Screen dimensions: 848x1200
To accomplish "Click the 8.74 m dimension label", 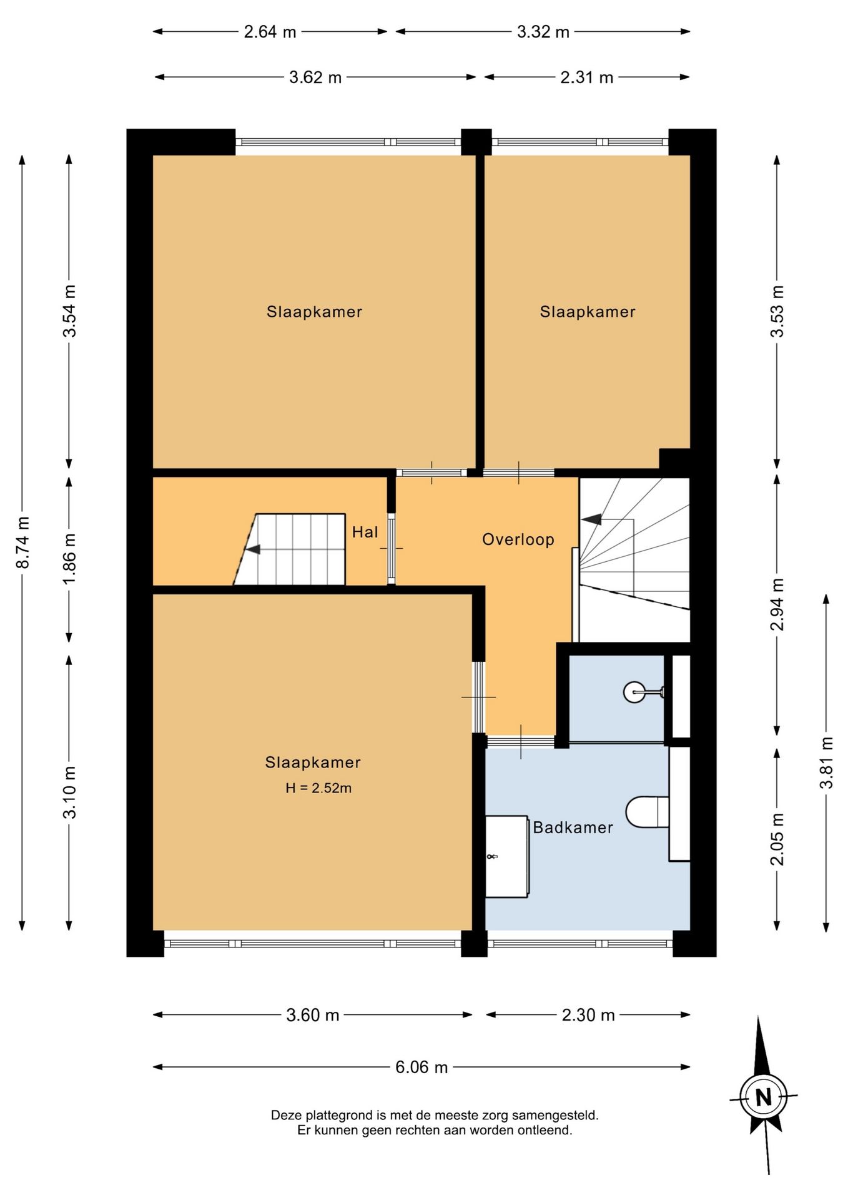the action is click(x=22, y=542).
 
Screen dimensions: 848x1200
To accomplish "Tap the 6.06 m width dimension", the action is click(x=422, y=1067).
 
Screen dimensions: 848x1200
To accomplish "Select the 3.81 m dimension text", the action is click(x=826, y=762).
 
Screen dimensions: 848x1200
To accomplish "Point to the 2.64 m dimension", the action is click(x=270, y=31).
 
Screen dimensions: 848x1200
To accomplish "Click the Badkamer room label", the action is click(x=573, y=827).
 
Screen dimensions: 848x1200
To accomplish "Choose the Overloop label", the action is click(x=518, y=539).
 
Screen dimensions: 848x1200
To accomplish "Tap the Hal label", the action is click(x=365, y=532).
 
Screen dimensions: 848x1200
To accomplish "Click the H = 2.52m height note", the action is click(x=318, y=788).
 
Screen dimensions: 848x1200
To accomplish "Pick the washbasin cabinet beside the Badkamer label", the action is click(x=508, y=856).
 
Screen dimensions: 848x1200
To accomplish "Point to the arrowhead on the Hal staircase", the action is click(x=253, y=550).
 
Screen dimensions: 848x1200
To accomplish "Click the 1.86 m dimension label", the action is click(x=69, y=559).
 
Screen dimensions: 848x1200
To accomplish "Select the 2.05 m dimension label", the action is click(x=777, y=839).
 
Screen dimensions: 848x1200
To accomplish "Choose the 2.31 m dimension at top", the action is click(x=587, y=77).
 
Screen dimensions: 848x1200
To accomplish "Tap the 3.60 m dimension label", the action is click(x=312, y=1015).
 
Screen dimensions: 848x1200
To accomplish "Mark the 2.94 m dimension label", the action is click(x=777, y=605).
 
